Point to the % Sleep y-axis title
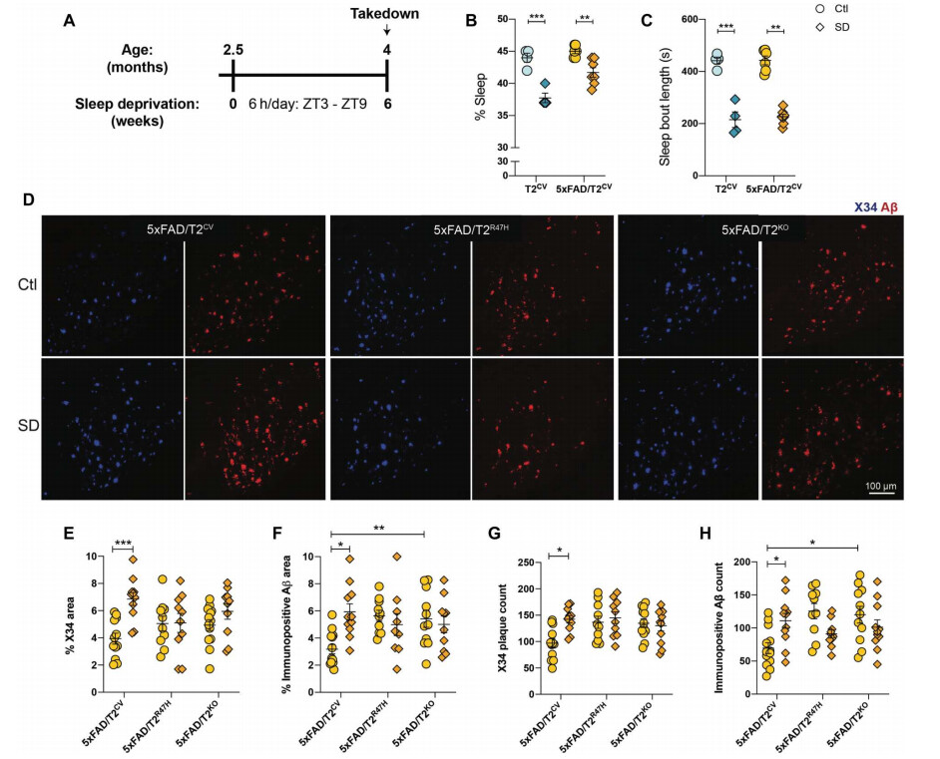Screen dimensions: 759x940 [x=481, y=96]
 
